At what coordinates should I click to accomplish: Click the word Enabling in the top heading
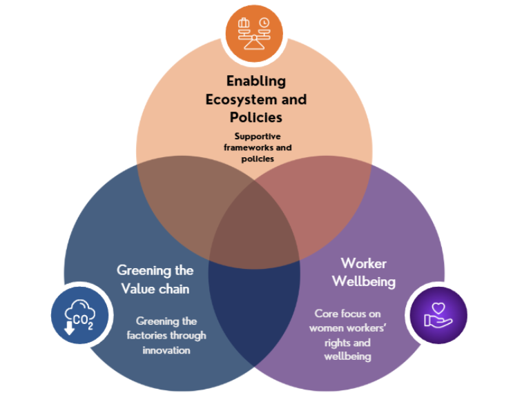coord(256,81)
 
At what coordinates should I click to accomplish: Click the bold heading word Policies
coord(256,117)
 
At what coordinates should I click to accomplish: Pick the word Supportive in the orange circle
coord(257,137)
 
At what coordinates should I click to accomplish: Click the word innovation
coord(166,350)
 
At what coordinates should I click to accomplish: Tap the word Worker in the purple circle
coord(363,263)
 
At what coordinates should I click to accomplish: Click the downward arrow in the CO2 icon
coord(69,327)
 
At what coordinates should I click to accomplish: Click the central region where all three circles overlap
coord(255,231)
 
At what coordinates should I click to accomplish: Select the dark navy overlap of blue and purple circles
coord(255,303)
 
